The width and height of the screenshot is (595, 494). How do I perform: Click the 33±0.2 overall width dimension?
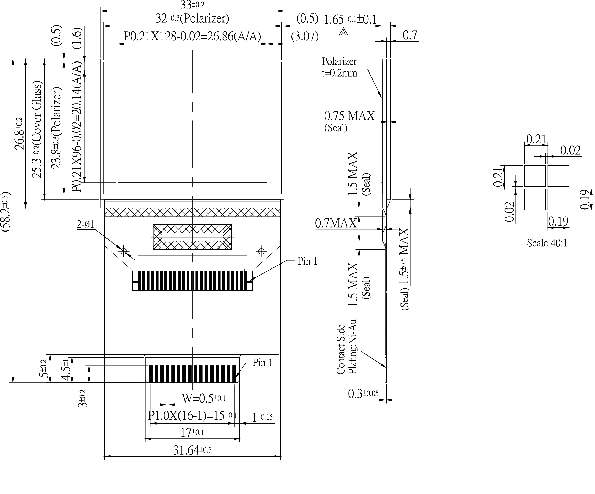[x=192, y=5]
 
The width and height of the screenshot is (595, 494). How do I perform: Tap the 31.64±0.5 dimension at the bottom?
[x=192, y=450]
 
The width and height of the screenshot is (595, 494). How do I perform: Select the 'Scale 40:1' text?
[x=547, y=243]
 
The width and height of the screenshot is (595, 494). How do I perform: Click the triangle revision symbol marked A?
[x=343, y=33]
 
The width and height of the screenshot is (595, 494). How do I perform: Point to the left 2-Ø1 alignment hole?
[x=123, y=251]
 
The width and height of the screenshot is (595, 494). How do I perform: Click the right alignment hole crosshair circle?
[x=261, y=251]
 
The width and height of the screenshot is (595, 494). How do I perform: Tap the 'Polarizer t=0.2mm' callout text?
[x=339, y=67]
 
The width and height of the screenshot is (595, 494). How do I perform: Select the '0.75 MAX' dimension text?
[x=349, y=116]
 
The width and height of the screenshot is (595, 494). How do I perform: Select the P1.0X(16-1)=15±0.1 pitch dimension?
[x=192, y=416]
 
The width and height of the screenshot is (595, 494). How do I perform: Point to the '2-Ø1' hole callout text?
[x=85, y=224]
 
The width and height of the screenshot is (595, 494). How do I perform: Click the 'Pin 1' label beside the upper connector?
[x=307, y=261]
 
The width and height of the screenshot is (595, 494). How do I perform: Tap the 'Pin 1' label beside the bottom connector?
[x=262, y=363]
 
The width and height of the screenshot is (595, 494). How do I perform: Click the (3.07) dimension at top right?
[x=305, y=37]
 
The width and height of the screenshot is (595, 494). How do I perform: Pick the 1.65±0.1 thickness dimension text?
[x=350, y=20]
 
